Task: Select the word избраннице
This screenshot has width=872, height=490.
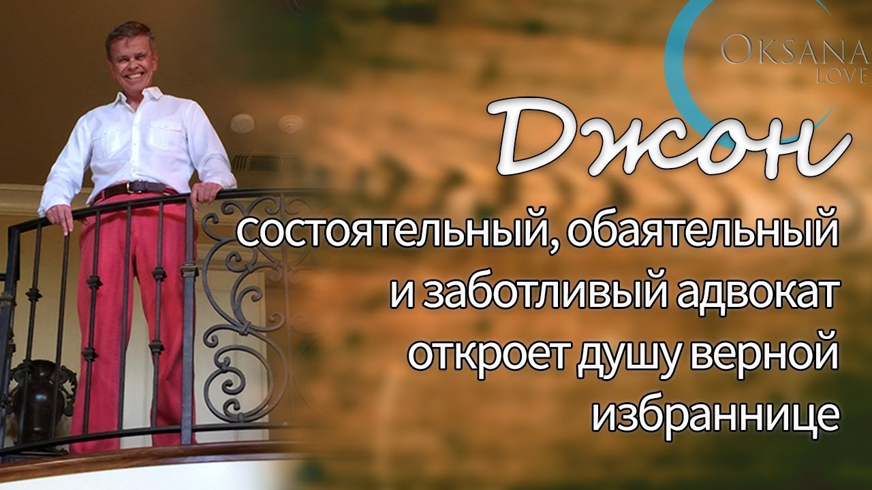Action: click(715, 419)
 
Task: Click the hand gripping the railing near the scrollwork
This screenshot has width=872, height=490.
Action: click(206, 193)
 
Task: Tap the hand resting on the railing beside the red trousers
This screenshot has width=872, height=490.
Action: click(61, 218)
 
